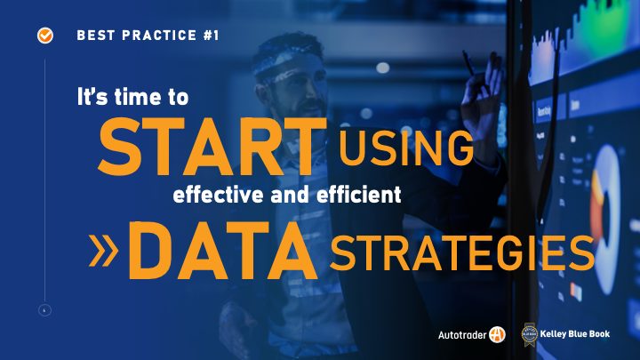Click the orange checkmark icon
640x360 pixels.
[45, 36]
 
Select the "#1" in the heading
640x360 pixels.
[211, 36]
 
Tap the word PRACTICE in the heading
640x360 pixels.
[159, 36]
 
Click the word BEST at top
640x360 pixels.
[95, 36]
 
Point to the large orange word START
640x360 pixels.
[212, 147]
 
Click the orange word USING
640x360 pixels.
[406, 148]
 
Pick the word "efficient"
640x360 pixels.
[359, 195]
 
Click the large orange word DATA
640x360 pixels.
[223, 251]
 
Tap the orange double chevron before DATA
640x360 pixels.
[103, 250]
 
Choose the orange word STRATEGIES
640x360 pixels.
[462, 253]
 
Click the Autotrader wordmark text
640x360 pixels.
[461, 335]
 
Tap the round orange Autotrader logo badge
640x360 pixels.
[497, 335]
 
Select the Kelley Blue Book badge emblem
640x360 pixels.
[530, 335]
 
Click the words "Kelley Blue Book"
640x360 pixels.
[575, 334]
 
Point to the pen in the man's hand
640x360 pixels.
[468, 63]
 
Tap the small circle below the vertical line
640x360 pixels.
[44, 310]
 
